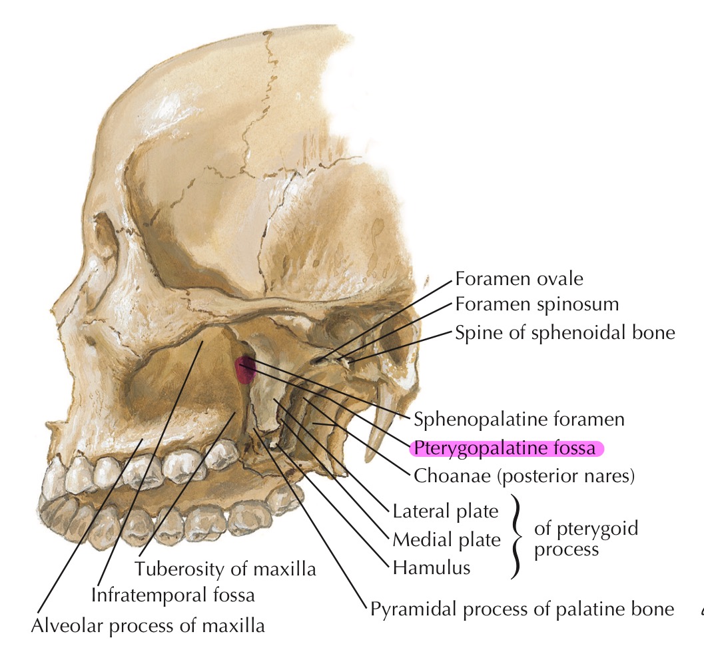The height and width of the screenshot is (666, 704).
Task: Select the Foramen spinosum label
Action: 537,304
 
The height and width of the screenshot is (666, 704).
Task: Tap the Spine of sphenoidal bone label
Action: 565,332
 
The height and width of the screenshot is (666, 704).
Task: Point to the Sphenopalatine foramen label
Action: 519,420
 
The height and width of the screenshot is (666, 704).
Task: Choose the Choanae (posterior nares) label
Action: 524,476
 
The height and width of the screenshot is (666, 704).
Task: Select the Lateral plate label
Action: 446,511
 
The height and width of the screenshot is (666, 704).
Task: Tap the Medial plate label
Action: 446,539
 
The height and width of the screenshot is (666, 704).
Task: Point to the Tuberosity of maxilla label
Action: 224,569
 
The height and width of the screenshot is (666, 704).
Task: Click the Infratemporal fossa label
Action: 174,593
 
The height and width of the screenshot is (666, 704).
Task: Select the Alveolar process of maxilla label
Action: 148,625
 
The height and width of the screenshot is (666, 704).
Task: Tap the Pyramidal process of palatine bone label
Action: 522,609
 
